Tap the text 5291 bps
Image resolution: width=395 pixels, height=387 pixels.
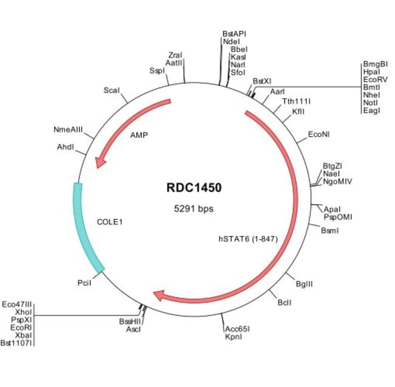coord(194,208)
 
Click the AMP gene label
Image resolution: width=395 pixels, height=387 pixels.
coord(139,135)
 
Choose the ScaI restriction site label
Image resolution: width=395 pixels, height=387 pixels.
coord(111,90)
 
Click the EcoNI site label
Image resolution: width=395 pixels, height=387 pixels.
coord(319,134)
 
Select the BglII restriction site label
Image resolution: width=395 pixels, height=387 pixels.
coord(304,283)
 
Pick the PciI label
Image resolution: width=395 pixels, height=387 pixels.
coord(84,283)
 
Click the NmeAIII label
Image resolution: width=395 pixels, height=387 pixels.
coord(68,129)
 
